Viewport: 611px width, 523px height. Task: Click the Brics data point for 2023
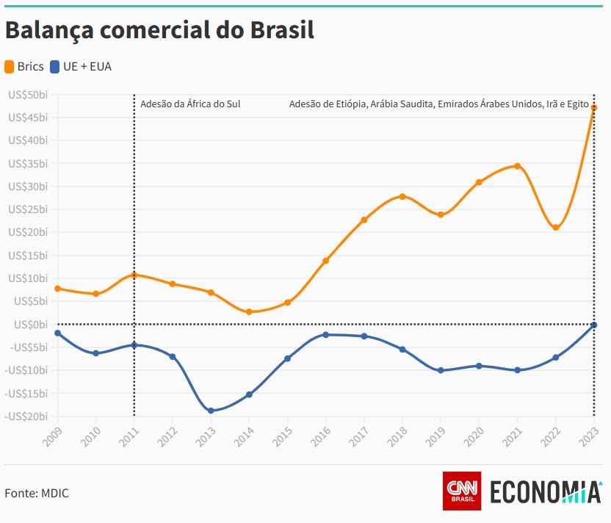tap(594, 108)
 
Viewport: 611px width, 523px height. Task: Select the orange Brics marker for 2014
tap(249, 312)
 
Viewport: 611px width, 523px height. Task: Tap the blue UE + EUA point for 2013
tap(211, 411)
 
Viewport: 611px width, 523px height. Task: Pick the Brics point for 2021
tap(518, 166)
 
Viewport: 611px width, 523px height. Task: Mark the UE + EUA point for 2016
tap(325, 335)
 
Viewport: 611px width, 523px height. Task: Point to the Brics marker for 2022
tap(556, 228)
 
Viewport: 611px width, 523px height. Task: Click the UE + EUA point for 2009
tap(57, 333)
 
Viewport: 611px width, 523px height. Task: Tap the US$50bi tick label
tap(28, 95)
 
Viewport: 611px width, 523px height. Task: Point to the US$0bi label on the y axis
tap(30, 324)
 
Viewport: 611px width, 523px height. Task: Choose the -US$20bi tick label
tap(26, 416)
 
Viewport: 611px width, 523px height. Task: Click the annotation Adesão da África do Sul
tap(190, 104)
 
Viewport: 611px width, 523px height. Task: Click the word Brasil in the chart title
tap(282, 30)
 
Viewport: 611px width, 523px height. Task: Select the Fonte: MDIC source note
tap(37, 493)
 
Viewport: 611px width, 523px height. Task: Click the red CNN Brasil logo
tap(462, 491)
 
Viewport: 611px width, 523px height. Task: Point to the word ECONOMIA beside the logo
tap(545, 491)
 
